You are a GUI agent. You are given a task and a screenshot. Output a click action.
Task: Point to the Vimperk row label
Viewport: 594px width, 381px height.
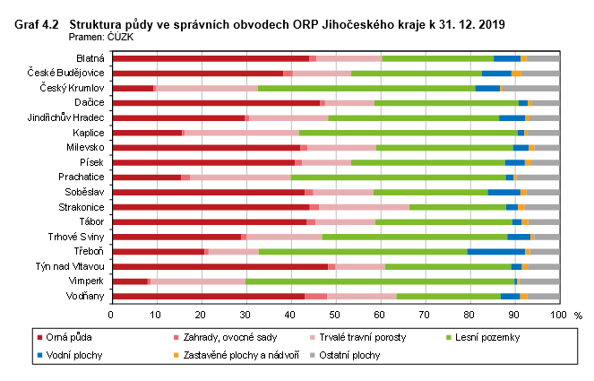tap(86, 281)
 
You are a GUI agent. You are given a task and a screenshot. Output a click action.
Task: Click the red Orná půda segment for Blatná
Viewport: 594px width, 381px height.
tap(210, 58)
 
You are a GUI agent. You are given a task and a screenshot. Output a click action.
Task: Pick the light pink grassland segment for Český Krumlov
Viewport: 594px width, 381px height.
tap(207, 88)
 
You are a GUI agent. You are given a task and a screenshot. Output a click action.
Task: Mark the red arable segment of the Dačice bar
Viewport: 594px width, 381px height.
tap(215, 103)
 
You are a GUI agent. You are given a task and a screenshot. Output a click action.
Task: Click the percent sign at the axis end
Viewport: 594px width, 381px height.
tap(578, 316)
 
